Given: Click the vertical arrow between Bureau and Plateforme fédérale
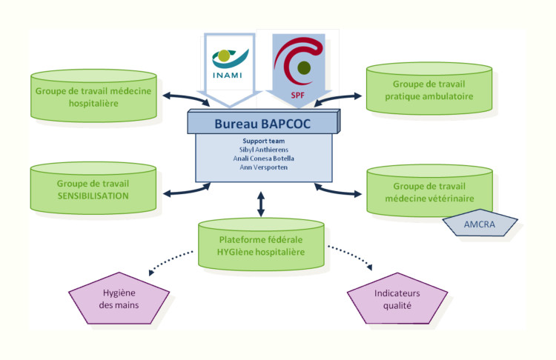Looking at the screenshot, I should point(260,204).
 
